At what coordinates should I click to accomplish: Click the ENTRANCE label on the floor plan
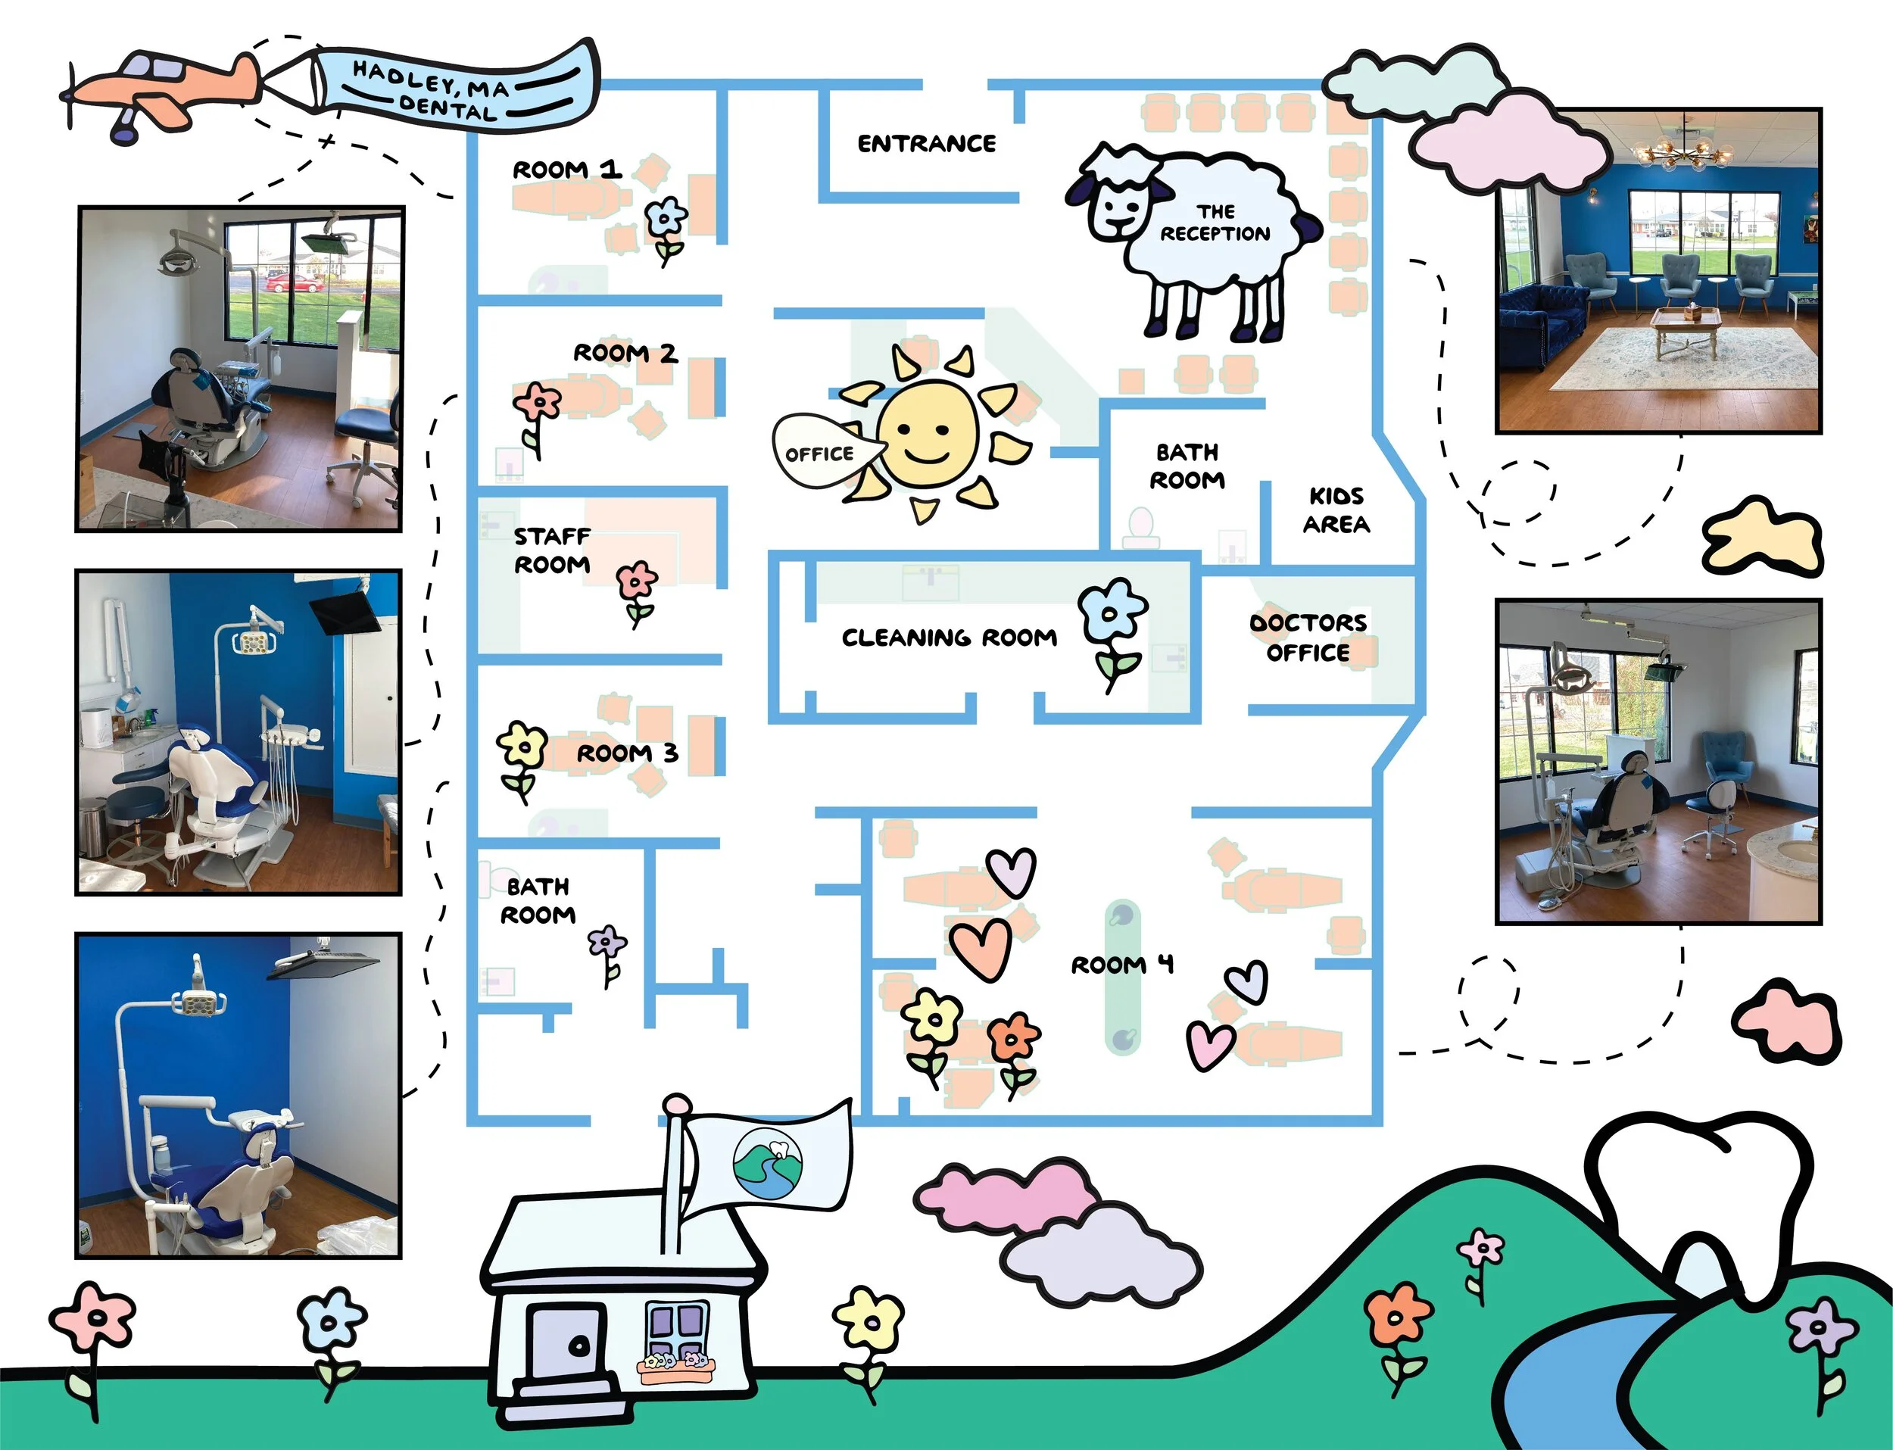[926, 143]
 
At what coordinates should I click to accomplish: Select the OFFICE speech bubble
[821, 452]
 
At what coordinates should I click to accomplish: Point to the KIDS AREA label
[1336, 510]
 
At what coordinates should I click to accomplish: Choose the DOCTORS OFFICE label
[1308, 637]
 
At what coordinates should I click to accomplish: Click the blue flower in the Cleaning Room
[1112, 615]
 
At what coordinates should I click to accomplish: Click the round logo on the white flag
[767, 1162]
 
